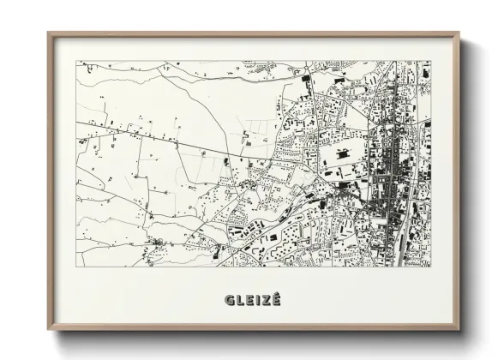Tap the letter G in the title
pos(229,299)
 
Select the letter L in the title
pos(239,299)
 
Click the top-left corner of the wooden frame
pos(48,33)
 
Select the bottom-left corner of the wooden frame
pos(48,330)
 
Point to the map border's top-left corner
pos(76,61)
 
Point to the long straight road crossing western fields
pos(154,139)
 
